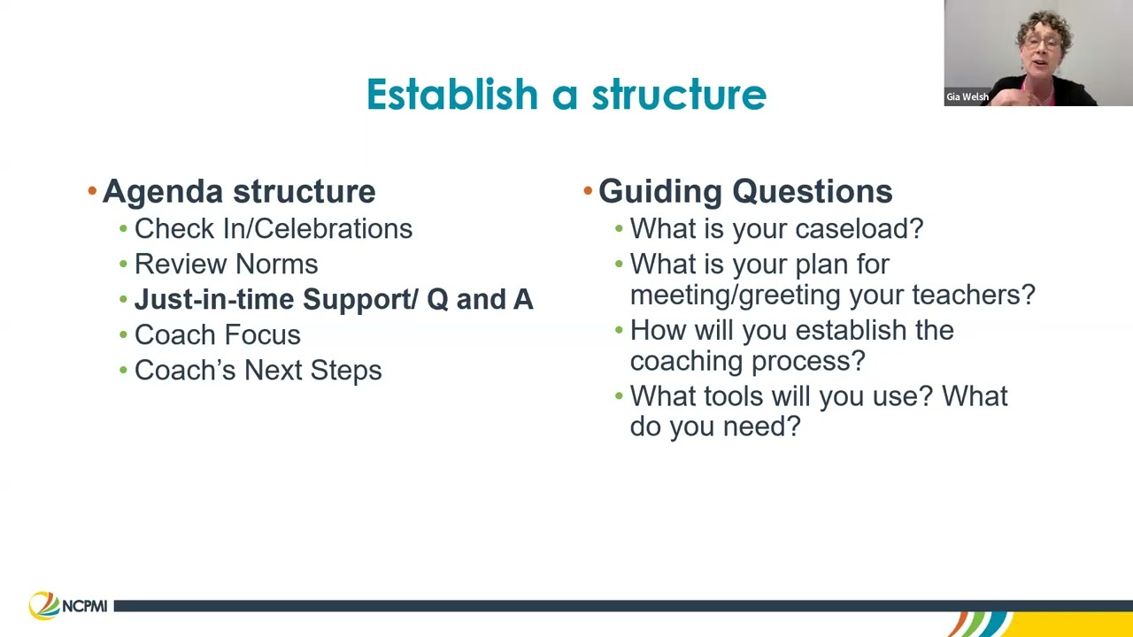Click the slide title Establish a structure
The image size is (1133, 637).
click(x=566, y=95)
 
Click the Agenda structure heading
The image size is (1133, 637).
click(x=239, y=191)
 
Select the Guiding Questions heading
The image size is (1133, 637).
click(x=745, y=191)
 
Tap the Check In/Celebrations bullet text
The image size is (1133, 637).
click(x=273, y=228)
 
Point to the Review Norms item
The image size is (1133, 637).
click(x=226, y=264)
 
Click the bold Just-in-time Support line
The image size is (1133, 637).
click(x=333, y=299)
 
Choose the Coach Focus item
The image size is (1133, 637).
click(x=217, y=334)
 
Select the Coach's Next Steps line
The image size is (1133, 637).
click(x=258, y=370)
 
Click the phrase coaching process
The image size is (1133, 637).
click(x=746, y=361)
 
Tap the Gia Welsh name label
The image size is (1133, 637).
click(x=967, y=97)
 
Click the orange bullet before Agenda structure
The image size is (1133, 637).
click(x=92, y=191)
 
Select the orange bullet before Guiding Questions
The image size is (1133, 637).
click(x=588, y=191)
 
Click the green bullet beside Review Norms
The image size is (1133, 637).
click(x=123, y=265)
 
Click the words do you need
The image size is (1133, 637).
click(x=714, y=426)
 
